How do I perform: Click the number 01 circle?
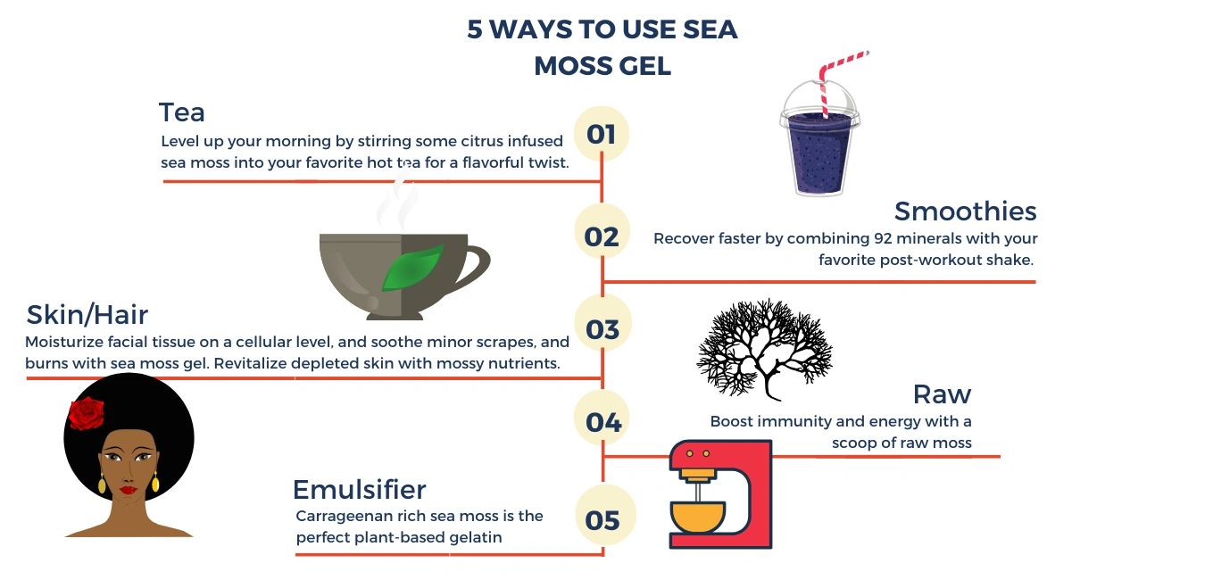click(x=602, y=133)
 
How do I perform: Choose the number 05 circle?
click(x=604, y=515)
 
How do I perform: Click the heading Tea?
click(x=182, y=112)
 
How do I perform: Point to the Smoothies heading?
click(x=965, y=211)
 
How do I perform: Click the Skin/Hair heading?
click(x=87, y=314)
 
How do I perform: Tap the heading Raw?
click(x=942, y=394)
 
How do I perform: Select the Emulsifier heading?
click(x=360, y=489)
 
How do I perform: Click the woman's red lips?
click(x=128, y=490)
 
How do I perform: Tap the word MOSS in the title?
click(x=571, y=66)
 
